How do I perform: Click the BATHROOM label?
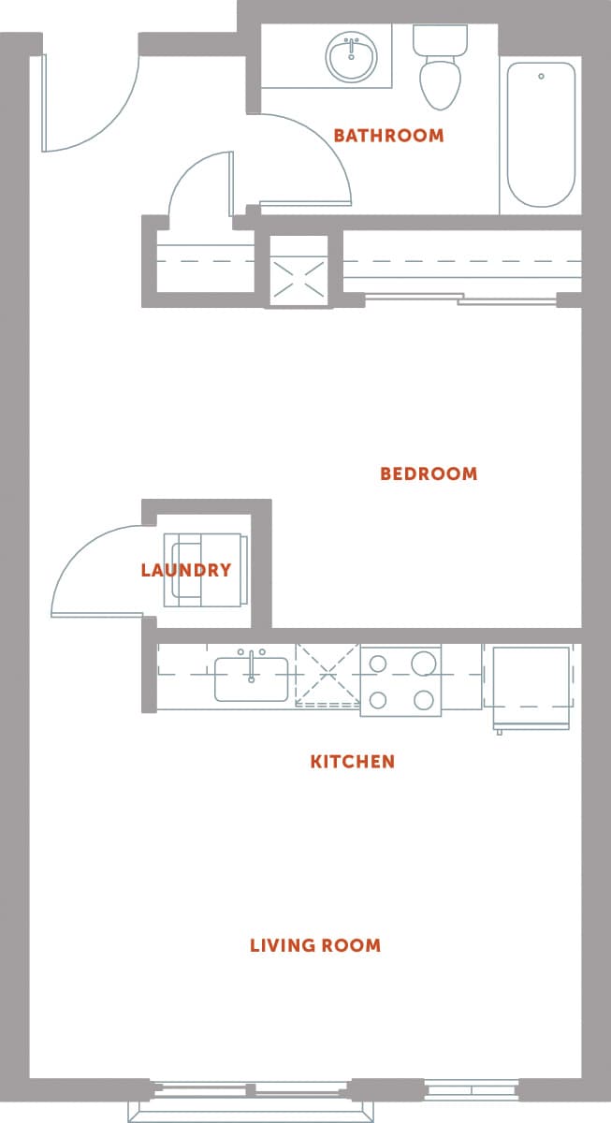click(388, 136)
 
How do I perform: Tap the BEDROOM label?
click(429, 474)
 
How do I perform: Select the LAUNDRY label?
click(186, 570)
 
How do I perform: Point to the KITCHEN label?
click(353, 762)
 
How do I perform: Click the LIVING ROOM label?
click(315, 945)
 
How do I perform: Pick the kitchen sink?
click(251, 678)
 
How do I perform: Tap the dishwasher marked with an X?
click(327, 674)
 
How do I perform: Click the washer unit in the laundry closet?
click(205, 571)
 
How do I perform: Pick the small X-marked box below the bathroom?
click(299, 270)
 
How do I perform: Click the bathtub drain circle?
click(541, 76)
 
